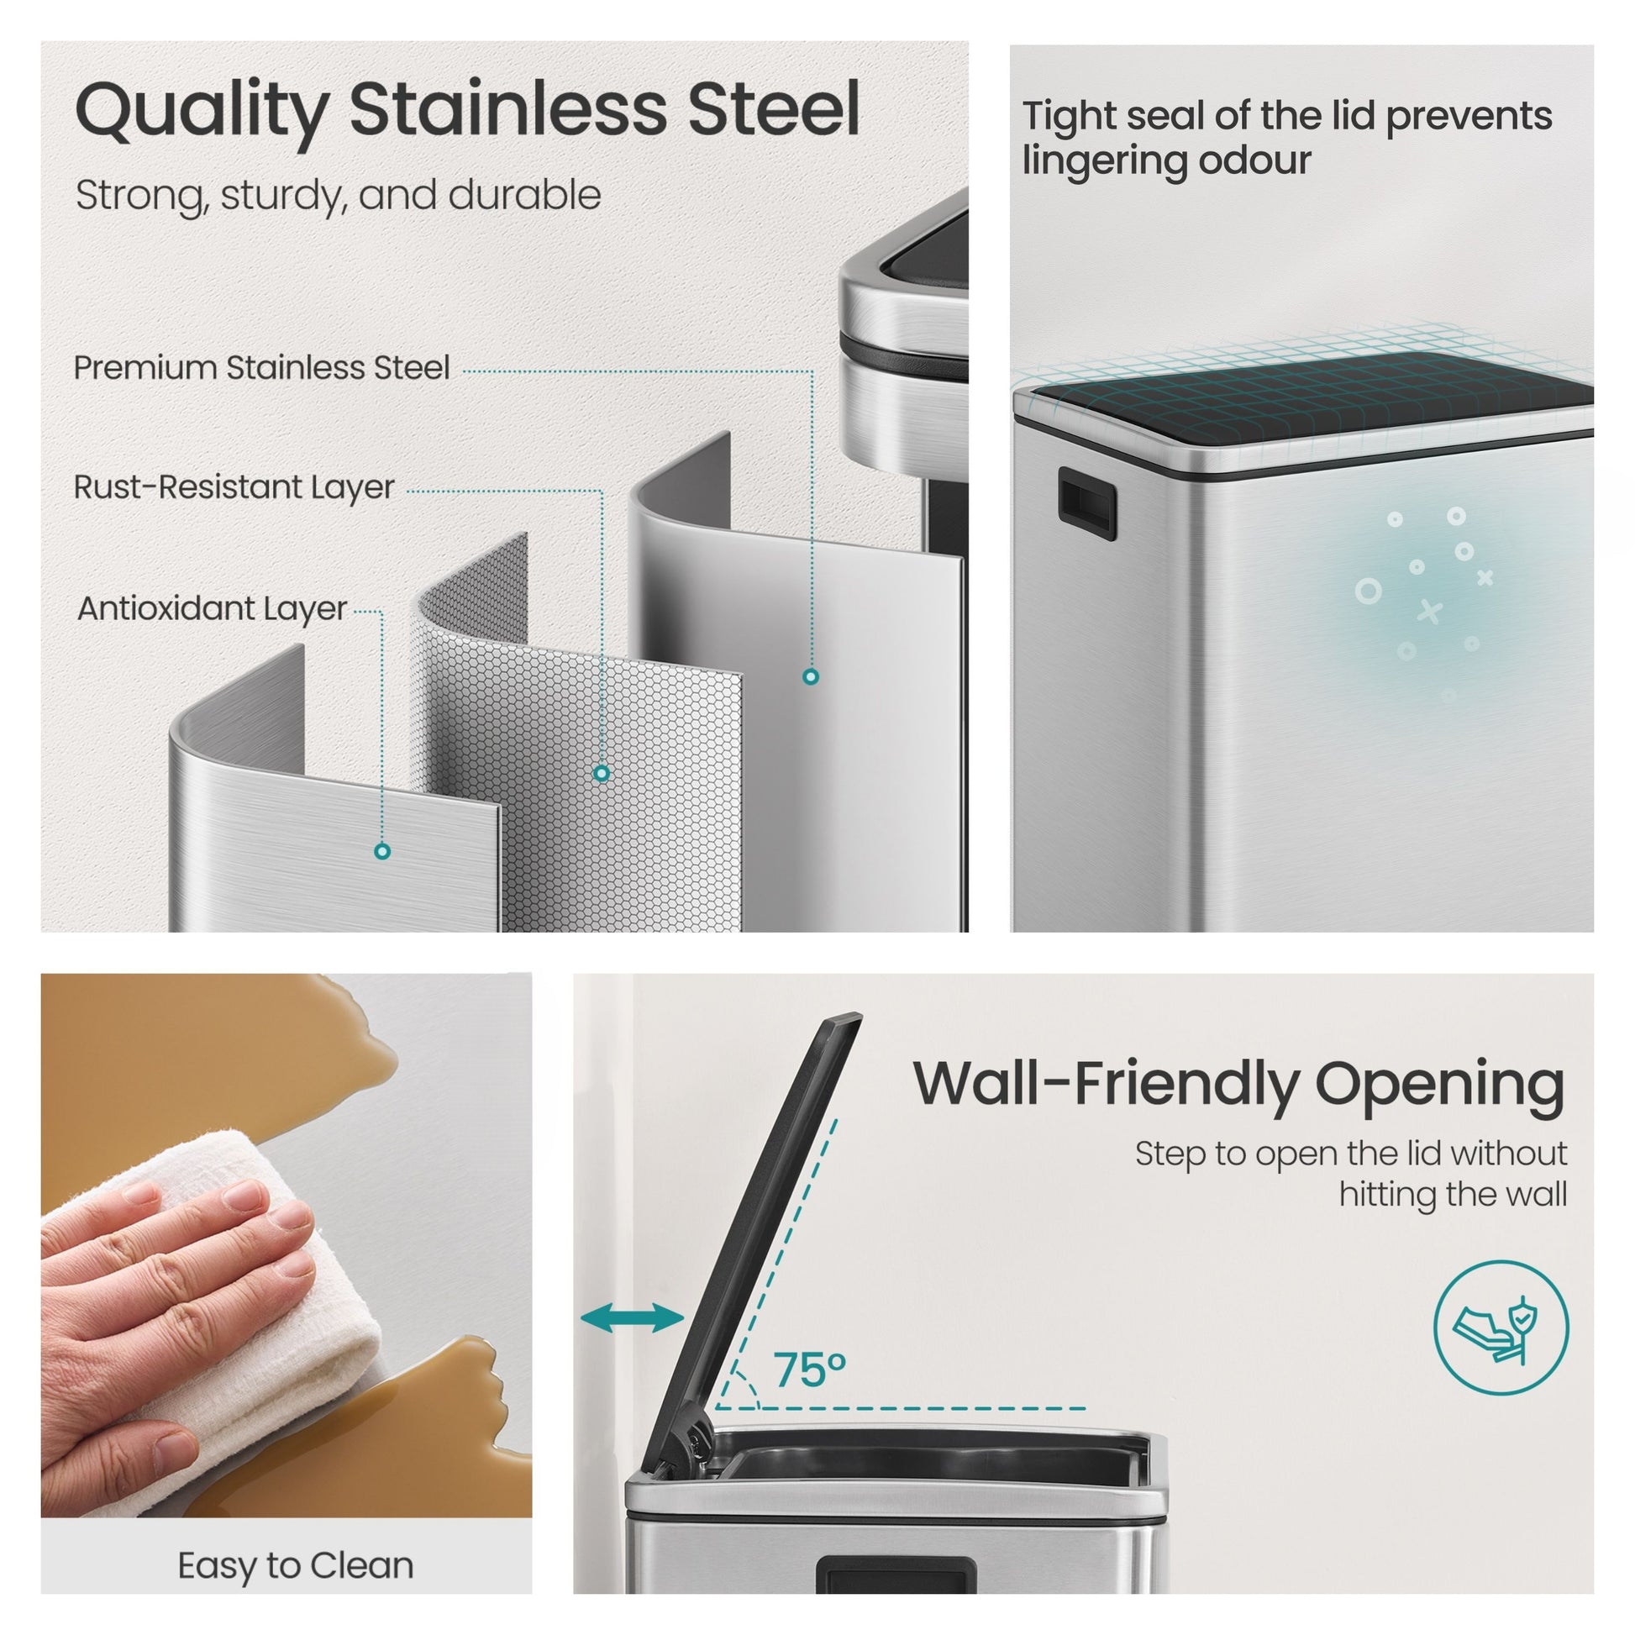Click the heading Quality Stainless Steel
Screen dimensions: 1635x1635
coord(467,111)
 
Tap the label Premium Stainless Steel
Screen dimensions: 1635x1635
coord(261,368)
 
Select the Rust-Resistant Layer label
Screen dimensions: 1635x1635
coord(234,487)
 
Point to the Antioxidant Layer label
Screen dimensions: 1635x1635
coord(213,608)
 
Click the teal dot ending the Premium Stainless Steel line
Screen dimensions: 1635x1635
coord(811,676)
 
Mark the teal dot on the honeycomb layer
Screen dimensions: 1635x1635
coord(602,773)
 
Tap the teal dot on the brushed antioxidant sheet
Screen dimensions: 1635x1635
coord(382,851)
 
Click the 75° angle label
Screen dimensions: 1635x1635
coord(810,1370)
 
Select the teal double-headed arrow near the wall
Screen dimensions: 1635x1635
coord(632,1317)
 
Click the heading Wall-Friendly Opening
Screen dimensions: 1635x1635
coord(1239,1086)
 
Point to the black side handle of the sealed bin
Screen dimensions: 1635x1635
coord(1086,503)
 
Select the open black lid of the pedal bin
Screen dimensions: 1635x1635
coord(749,1244)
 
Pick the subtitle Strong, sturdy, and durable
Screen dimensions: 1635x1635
coord(339,196)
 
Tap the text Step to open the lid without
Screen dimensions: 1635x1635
coord(1351,1154)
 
